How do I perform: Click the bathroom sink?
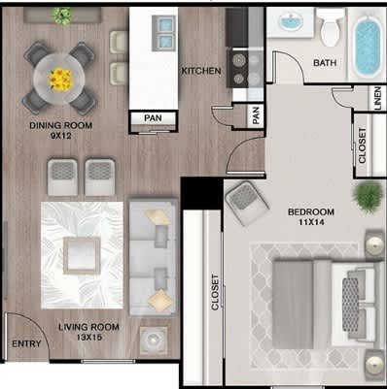291,21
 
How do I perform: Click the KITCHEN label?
202,72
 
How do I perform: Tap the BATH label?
325,64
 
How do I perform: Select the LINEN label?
376,100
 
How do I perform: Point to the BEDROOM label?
311,211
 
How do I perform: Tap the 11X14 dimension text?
312,223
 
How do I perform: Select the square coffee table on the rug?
81,255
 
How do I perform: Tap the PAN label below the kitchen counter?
153,118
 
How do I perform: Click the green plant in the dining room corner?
63,16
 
